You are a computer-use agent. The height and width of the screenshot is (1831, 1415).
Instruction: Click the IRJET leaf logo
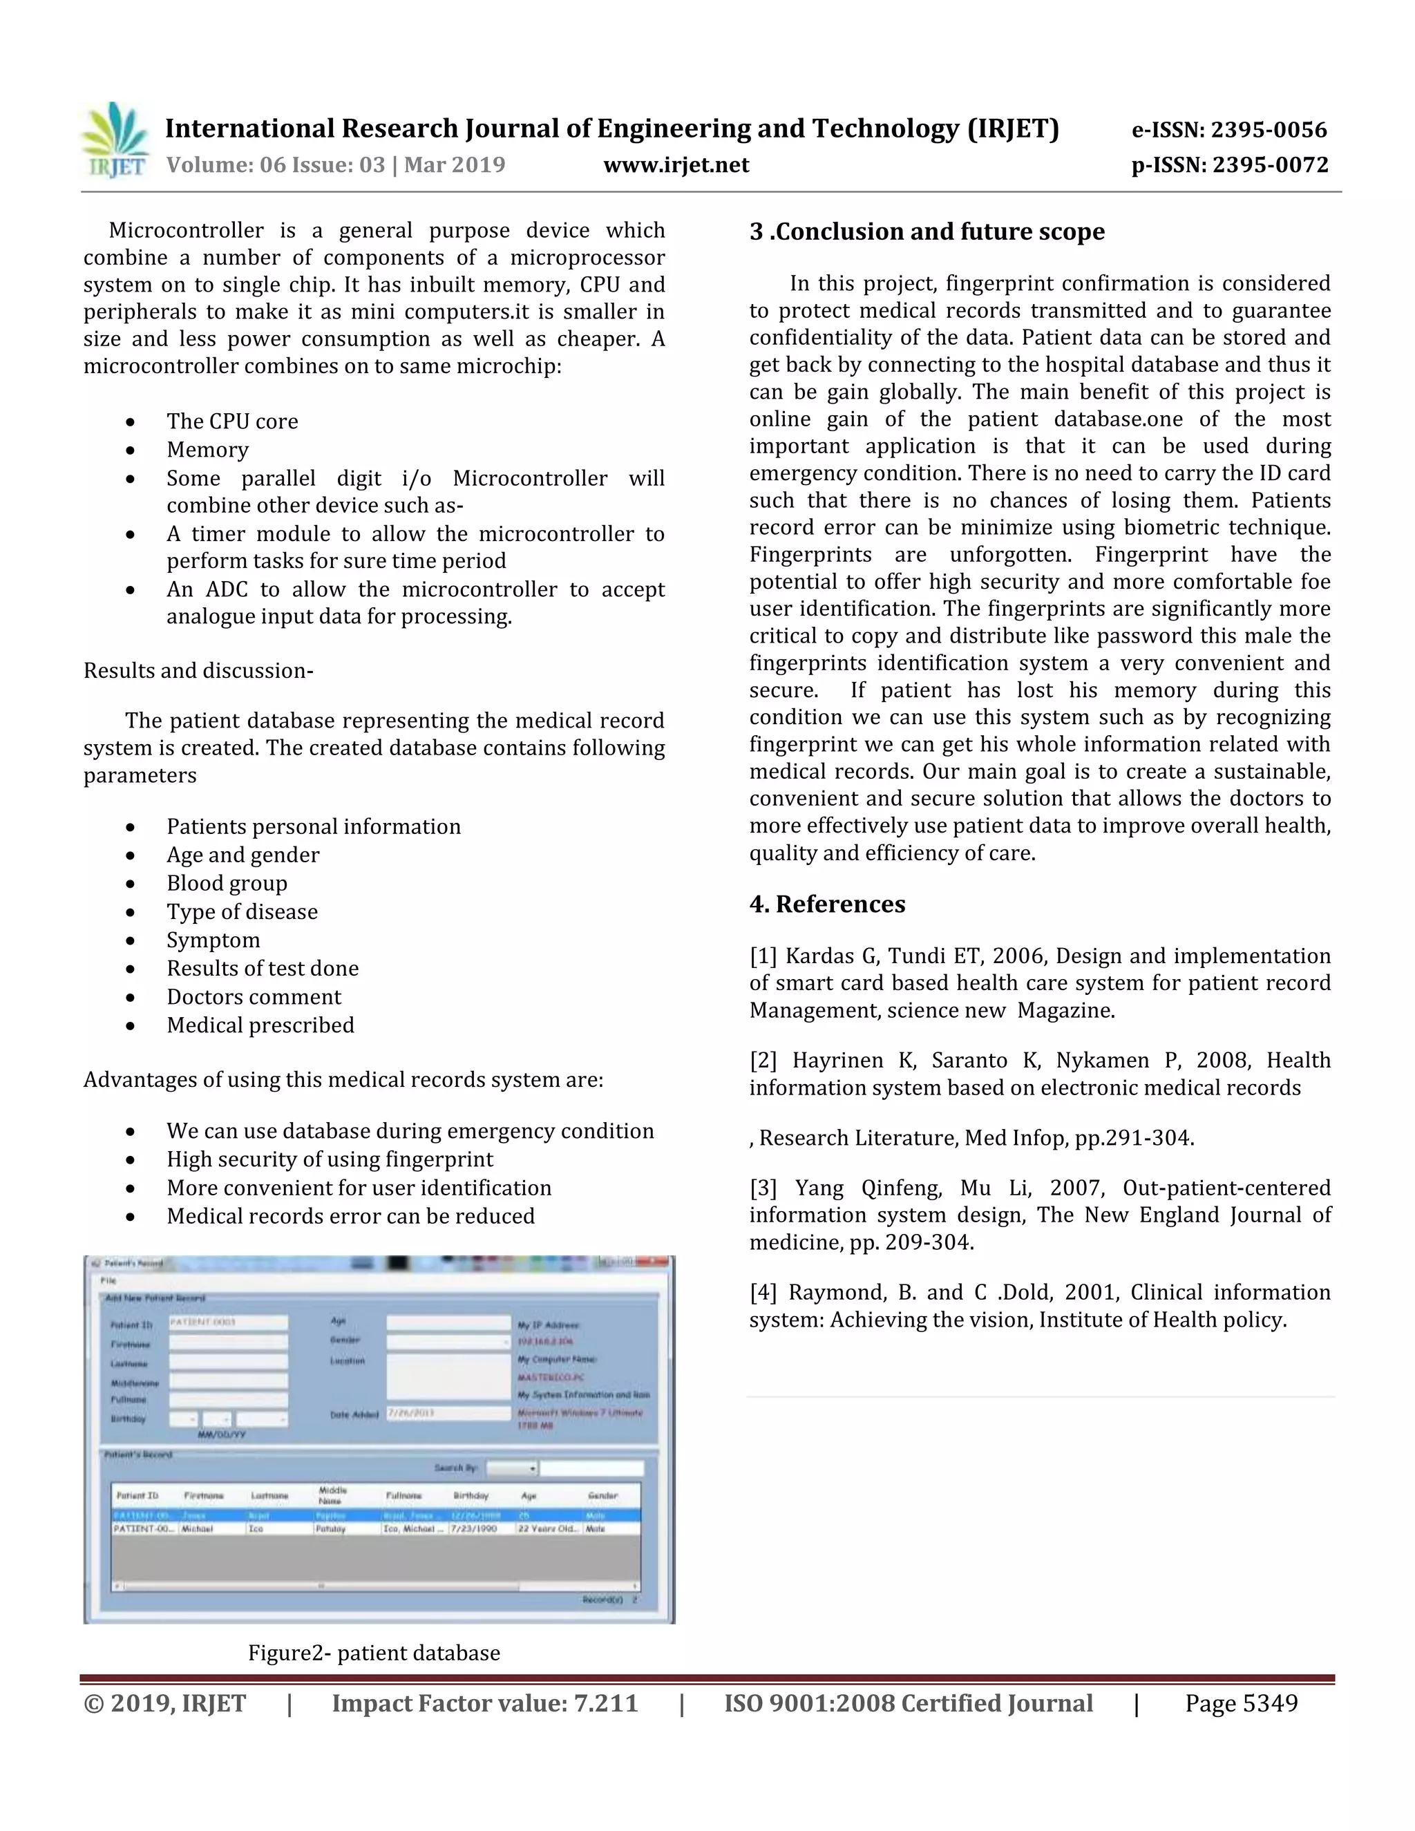115,139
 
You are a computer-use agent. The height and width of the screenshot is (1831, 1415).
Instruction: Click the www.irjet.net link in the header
676,165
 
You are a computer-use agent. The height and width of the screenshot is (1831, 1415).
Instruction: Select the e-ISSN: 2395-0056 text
1229,130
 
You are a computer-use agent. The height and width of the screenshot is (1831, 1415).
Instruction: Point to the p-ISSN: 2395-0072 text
1229,165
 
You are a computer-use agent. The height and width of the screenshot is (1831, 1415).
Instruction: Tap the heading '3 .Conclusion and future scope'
927,231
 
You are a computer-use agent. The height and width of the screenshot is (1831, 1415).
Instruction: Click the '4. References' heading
826,904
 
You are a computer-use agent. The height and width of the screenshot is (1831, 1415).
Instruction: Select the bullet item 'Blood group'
227,883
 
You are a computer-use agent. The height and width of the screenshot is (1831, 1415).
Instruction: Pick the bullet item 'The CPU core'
231,421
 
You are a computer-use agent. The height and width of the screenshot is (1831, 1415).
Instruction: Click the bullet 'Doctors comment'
253,997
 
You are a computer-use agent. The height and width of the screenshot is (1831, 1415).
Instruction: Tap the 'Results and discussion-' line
198,671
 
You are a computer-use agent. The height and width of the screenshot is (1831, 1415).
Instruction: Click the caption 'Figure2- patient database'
374,1653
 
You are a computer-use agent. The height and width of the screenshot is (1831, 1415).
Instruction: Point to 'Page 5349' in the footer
1241,1704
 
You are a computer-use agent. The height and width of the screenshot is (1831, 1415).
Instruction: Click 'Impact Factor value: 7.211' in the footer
484,1704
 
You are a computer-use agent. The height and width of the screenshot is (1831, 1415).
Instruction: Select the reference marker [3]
763,1188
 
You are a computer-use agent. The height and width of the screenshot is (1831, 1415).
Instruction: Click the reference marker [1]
763,956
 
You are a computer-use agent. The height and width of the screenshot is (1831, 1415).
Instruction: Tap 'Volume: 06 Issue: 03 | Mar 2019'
335,165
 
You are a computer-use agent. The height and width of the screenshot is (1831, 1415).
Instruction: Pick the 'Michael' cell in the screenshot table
198,1529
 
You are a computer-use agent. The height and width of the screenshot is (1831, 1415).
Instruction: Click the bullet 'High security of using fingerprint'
330,1159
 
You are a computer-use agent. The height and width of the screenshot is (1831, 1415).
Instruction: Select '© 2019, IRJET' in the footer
164,1704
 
